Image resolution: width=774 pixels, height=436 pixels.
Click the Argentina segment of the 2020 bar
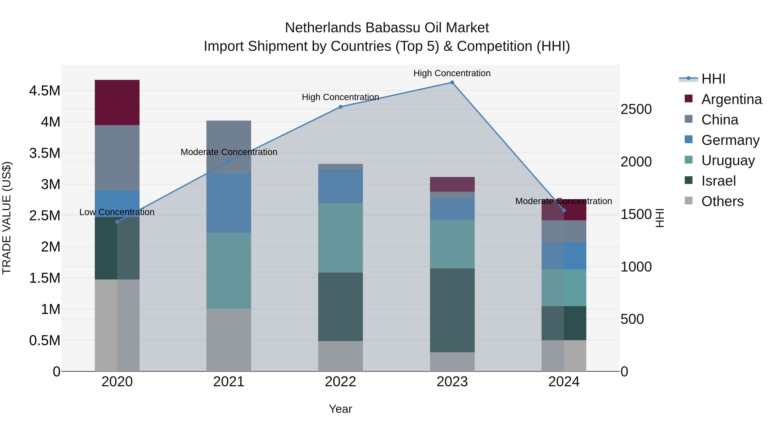click(117, 102)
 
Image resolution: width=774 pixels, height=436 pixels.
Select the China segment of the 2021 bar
click(229, 147)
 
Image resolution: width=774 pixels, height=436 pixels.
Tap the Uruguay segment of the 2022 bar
click(340, 238)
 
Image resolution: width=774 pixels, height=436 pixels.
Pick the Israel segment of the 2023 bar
click(452, 310)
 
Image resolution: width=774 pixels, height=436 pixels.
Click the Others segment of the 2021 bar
click(229, 340)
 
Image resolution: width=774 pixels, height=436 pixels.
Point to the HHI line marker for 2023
click(452, 82)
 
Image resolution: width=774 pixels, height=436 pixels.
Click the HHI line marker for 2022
click(340, 107)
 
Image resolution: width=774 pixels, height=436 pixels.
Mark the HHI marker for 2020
click(117, 222)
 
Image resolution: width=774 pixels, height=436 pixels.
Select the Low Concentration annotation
click(117, 212)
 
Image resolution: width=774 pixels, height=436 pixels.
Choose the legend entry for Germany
click(730, 140)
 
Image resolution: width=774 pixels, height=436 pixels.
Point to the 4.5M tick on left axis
click(45, 91)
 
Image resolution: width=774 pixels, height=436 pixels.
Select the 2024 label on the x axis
click(564, 382)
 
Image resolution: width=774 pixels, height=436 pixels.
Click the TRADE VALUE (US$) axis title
click(7, 218)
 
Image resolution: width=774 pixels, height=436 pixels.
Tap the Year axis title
click(340, 409)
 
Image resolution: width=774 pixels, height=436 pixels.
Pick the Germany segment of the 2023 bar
click(452, 209)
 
